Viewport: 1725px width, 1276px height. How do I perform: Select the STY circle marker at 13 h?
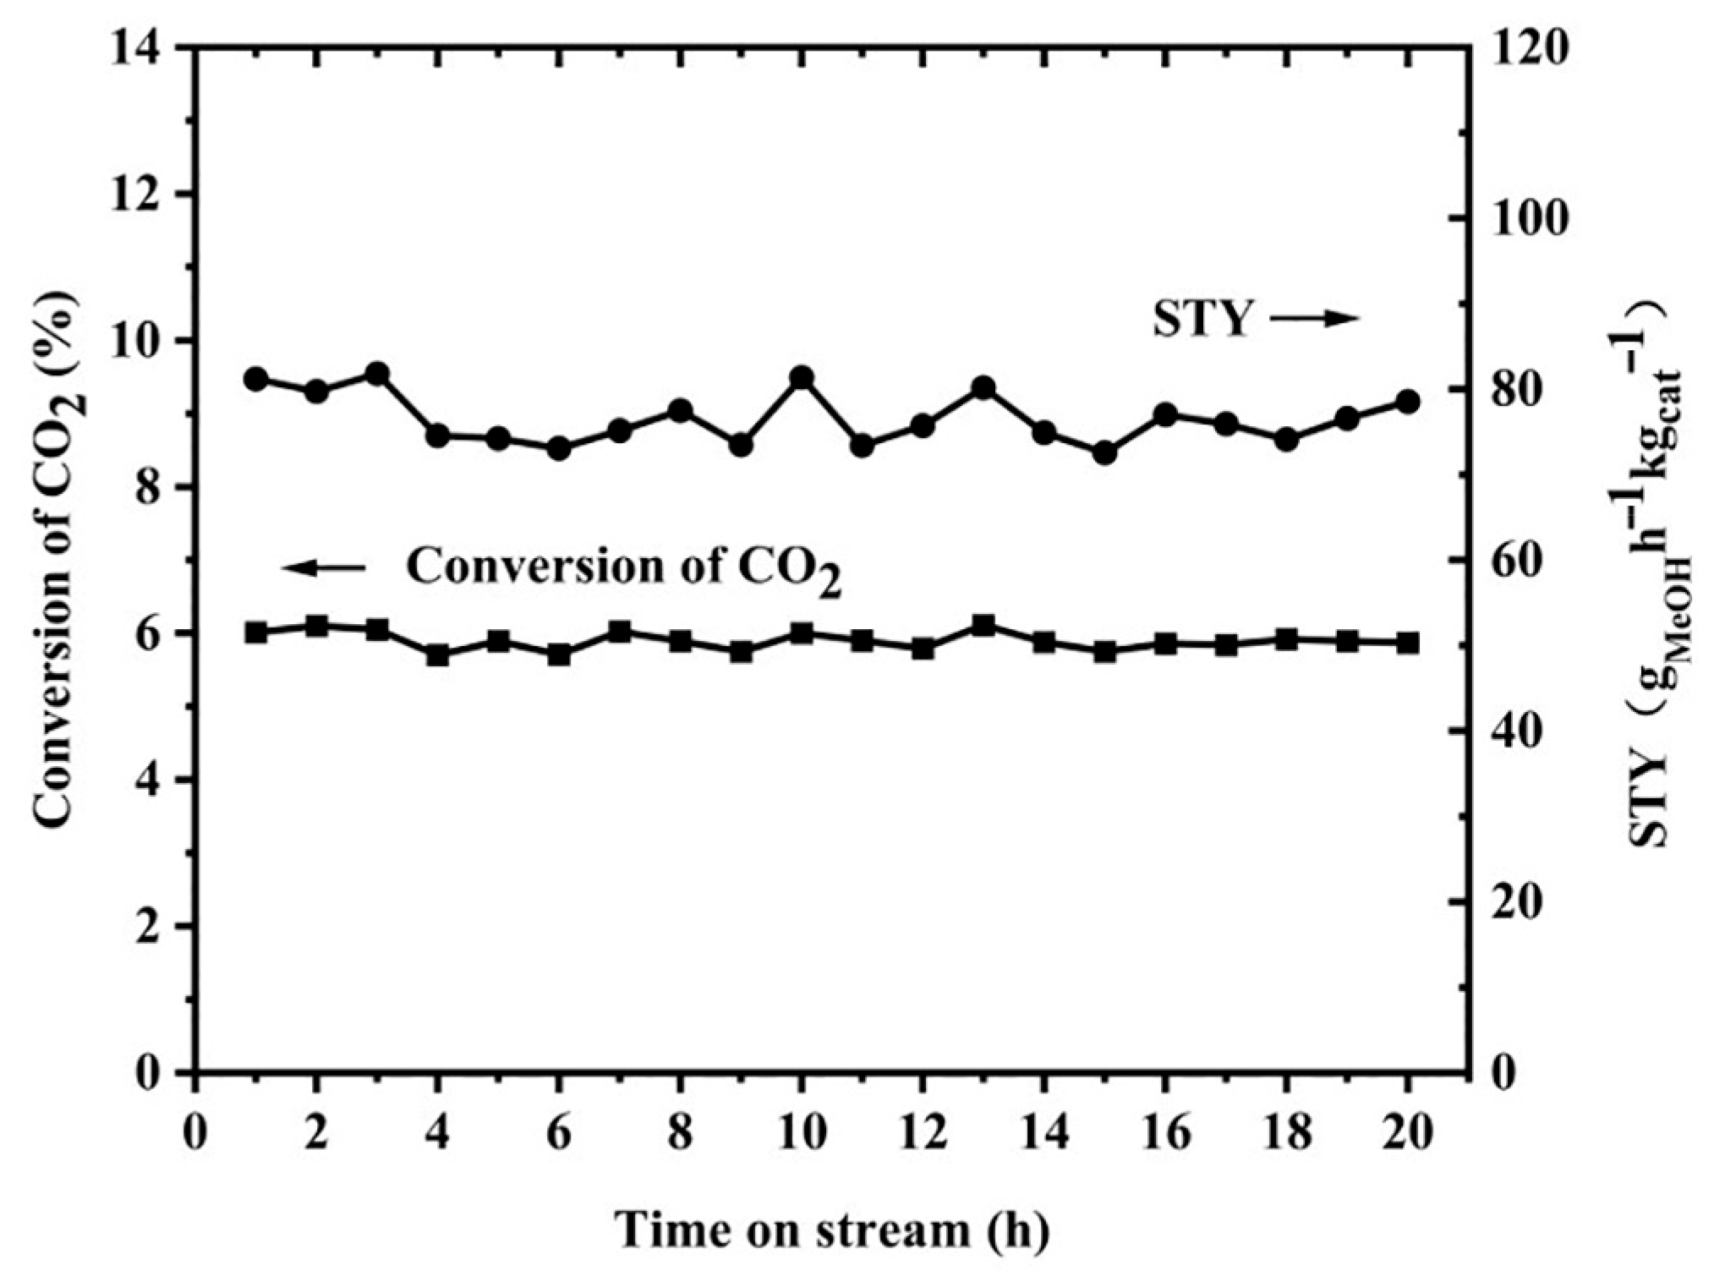coord(983,388)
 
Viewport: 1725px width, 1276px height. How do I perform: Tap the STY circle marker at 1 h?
coord(255,379)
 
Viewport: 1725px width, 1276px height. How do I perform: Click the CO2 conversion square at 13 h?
coord(983,626)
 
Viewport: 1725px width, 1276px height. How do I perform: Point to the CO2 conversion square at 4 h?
coord(437,655)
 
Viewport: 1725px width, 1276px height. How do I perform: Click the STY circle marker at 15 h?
coord(1104,453)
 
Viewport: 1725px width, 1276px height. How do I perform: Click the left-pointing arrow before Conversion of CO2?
coord(324,567)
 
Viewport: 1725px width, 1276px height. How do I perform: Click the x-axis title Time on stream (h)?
coord(832,1230)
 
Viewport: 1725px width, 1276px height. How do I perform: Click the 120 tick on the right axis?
coord(1527,48)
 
